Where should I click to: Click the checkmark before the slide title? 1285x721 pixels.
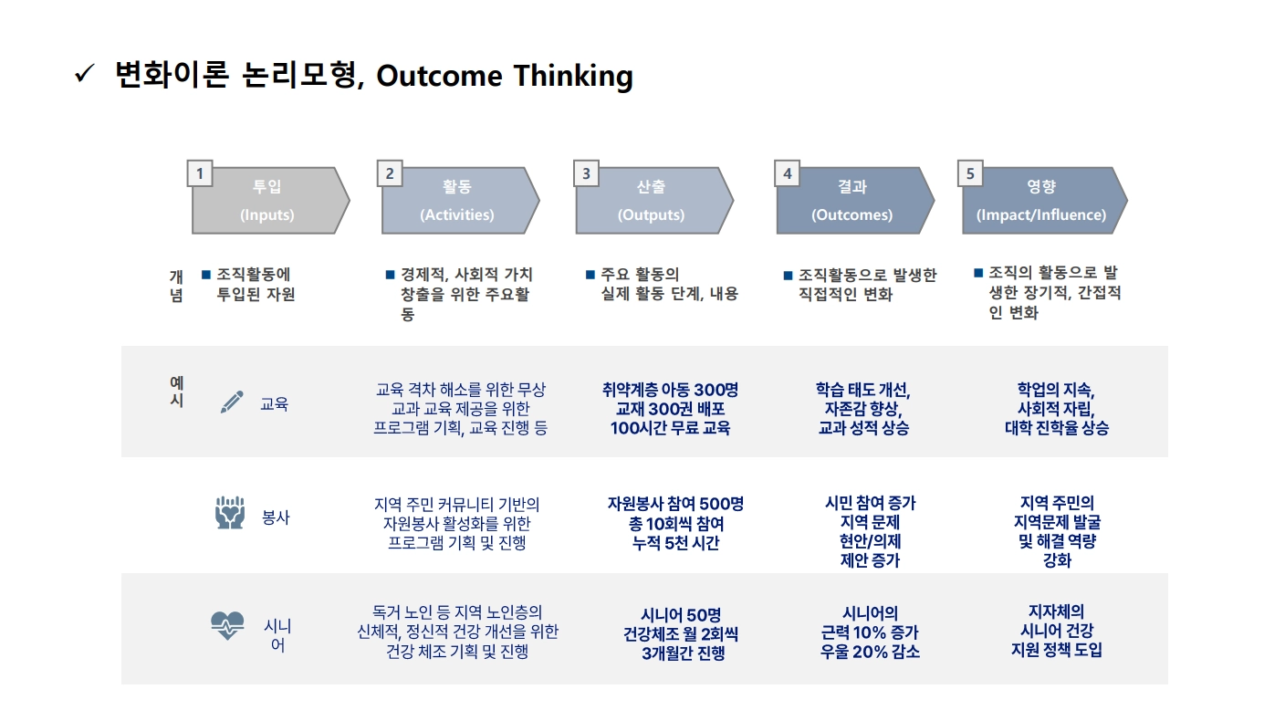[x=84, y=74]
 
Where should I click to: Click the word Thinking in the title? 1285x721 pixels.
[x=573, y=77]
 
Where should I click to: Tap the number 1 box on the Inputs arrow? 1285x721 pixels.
[x=200, y=173]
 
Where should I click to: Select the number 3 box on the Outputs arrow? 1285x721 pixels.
[x=586, y=173]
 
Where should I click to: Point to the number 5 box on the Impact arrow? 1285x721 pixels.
[x=970, y=173]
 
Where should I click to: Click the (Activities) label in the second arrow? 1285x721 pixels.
[x=456, y=214]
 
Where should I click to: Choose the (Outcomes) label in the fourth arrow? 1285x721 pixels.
[x=851, y=214]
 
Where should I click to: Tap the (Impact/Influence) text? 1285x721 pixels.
[x=1041, y=214]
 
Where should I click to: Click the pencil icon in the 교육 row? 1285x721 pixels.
[x=232, y=402]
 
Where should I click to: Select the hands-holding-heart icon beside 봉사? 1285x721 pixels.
[x=230, y=512]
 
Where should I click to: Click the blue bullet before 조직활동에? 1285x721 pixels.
[x=206, y=275]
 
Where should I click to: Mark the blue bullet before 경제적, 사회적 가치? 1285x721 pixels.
[x=390, y=275]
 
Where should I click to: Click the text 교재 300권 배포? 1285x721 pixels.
[x=670, y=409]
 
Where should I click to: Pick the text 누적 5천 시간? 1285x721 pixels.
[x=675, y=543]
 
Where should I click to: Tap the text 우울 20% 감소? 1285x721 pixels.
[x=870, y=652]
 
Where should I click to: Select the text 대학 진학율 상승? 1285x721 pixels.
[x=1057, y=428]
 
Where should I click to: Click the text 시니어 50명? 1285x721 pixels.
[x=681, y=615]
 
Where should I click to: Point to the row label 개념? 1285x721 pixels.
[x=176, y=286]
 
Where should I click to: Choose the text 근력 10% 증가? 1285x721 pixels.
[x=870, y=632]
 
